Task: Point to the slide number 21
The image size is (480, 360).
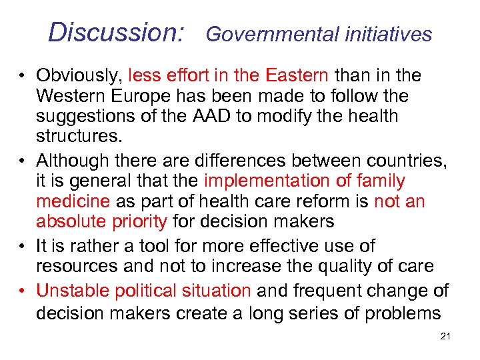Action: point(446,337)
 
